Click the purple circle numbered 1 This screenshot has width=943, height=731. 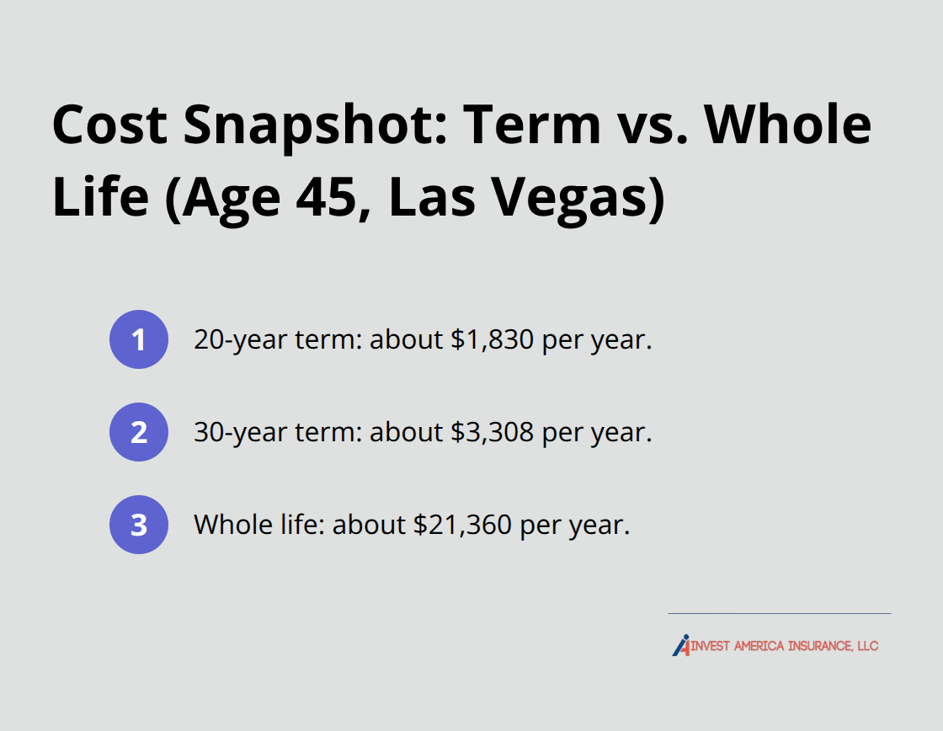coord(139,339)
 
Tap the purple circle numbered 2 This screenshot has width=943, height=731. coord(139,432)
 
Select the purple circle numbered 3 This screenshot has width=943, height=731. coord(139,525)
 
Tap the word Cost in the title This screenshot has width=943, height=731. coord(109,125)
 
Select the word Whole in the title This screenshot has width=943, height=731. coord(787,125)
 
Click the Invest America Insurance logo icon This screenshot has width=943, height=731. coord(681,645)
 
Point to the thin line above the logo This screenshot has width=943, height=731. coord(779,613)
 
